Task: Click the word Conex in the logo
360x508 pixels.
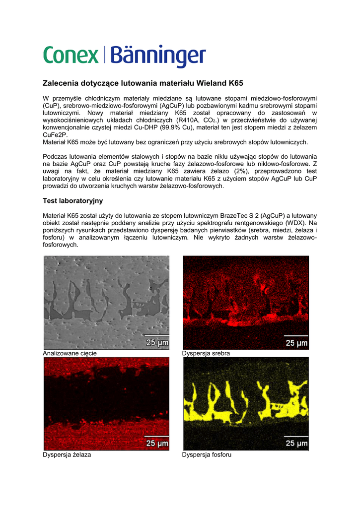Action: pyautogui.click(x=71, y=55)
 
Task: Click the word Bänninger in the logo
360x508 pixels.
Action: pyautogui.click(x=158, y=56)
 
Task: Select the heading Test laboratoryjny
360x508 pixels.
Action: pyautogui.click(x=72, y=201)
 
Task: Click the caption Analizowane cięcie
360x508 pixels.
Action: pyautogui.click(x=70, y=353)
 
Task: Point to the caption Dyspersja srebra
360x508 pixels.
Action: pyautogui.click(x=206, y=353)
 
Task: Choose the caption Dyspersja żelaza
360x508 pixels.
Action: pyautogui.click(x=67, y=454)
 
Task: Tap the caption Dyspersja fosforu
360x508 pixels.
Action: pyautogui.click(x=207, y=454)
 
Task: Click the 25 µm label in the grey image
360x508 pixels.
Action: pyautogui.click(x=157, y=342)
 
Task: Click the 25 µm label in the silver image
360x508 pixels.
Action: pyautogui.click(x=296, y=342)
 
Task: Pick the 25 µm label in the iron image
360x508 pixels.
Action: pyautogui.click(x=157, y=444)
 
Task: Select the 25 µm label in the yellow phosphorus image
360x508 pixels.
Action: pyautogui.click(x=296, y=443)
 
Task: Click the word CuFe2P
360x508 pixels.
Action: pyautogui.click(x=55, y=135)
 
